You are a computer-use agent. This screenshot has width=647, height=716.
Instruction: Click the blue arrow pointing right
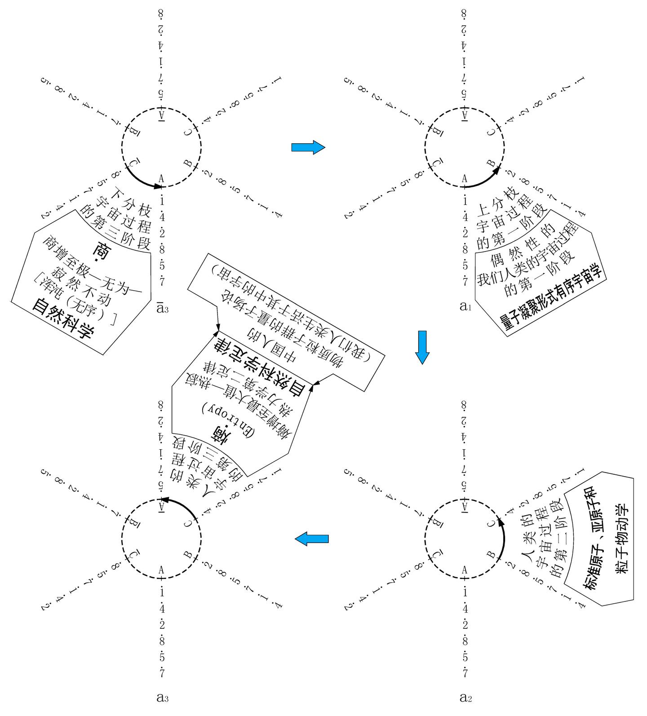(x=308, y=147)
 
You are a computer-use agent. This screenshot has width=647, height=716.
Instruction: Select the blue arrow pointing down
(x=422, y=347)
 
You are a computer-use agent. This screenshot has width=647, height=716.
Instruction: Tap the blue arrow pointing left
(x=311, y=538)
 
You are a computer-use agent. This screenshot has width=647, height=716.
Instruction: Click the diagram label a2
(x=465, y=697)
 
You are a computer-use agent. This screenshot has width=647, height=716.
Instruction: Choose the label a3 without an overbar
(x=162, y=697)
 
